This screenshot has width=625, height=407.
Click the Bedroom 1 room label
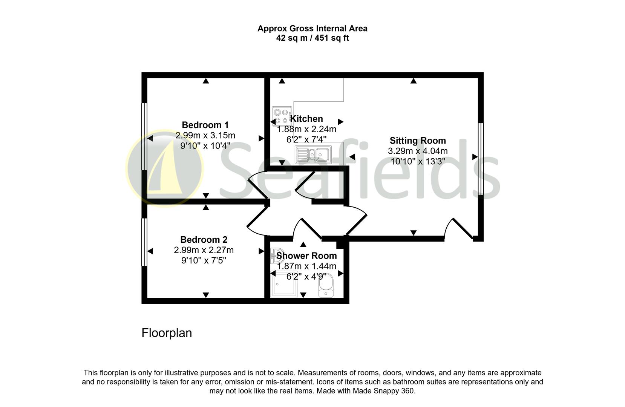(205, 125)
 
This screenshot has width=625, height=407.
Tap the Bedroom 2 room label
(204, 240)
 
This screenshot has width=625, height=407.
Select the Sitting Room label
(418, 141)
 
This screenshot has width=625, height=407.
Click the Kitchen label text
(306, 119)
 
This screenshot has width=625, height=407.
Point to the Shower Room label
(306, 256)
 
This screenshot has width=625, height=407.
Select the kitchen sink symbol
(313, 155)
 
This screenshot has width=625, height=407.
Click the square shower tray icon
(284, 285)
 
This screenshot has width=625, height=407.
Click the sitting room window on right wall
(481, 159)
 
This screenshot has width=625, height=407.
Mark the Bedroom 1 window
(144, 136)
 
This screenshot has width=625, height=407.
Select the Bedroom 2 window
(144, 242)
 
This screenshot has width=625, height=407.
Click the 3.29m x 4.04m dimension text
(418, 151)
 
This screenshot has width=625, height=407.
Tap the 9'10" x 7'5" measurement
(204, 260)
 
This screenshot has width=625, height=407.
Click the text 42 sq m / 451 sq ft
(312, 38)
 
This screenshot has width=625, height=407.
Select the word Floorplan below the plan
(167, 333)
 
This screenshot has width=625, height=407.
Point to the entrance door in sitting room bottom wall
(459, 229)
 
